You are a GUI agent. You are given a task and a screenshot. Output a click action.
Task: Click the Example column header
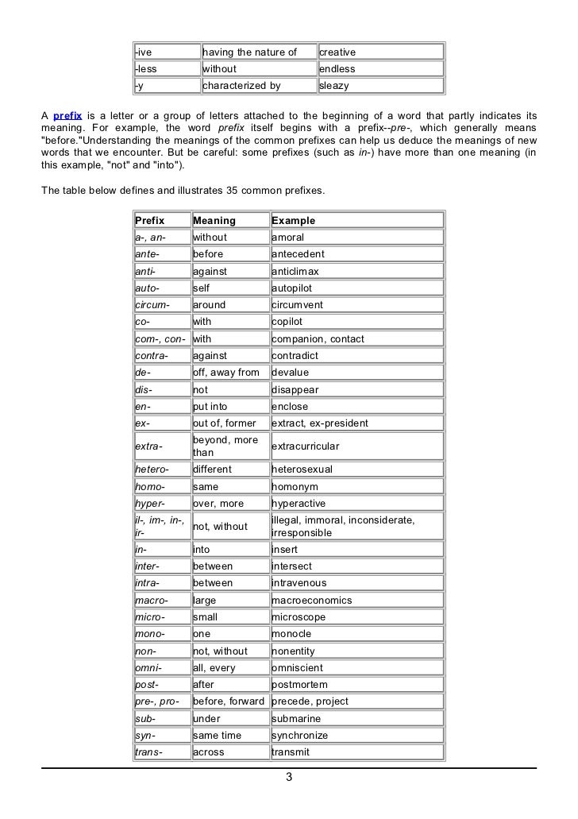(x=293, y=220)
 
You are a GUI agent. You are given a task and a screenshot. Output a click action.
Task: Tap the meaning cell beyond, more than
(x=225, y=446)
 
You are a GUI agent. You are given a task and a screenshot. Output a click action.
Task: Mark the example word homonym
(x=295, y=486)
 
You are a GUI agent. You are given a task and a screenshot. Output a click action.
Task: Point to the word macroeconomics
(x=311, y=600)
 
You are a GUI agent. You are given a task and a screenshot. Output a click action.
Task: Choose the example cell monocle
(x=291, y=634)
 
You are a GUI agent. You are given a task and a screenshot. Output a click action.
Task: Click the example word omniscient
(x=298, y=668)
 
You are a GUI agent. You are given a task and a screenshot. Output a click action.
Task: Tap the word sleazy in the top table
(x=333, y=86)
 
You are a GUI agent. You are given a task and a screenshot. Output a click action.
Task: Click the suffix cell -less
(x=146, y=69)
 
